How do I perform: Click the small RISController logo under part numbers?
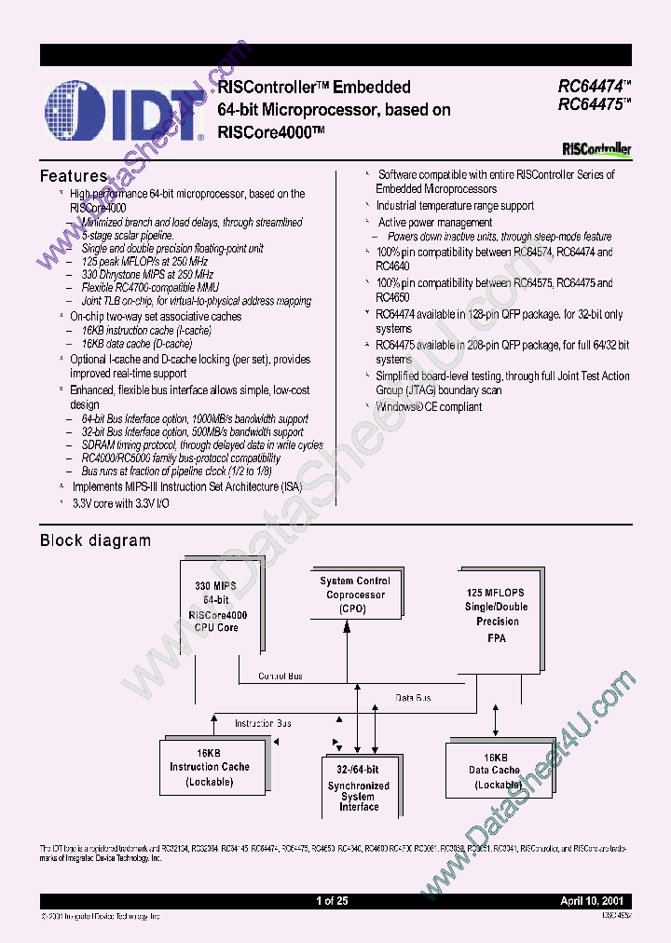pyautogui.click(x=596, y=149)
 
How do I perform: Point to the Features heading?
pyautogui.click(x=74, y=176)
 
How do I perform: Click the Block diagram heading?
pyautogui.click(x=95, y=540)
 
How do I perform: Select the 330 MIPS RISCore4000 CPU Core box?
pyautogui.click(x=216, y=607)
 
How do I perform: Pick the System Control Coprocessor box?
pyautogui.click(x=355, y=594)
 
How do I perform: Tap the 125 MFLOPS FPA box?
pyautogui.click(x=497, y=614)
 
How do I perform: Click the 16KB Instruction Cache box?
pyautogui.click(x=209, y=767)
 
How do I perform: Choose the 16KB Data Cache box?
pyautogui.click(x=494, y=770)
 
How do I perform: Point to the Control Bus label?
pyautogui.click(x=280, y=676)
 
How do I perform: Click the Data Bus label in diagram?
pyautogui.click(x=414, y=697)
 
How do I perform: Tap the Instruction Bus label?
pyautogui.click(x=262, y=723)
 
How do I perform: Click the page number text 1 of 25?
pyautogui.click(x=332, y=901)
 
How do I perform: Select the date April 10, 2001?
pyautogui.click(x=594, y=901)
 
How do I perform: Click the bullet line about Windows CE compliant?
pyautogui.click(x=429, y=406)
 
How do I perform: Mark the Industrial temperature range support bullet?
pyautogui.click(x=455, y=206)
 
